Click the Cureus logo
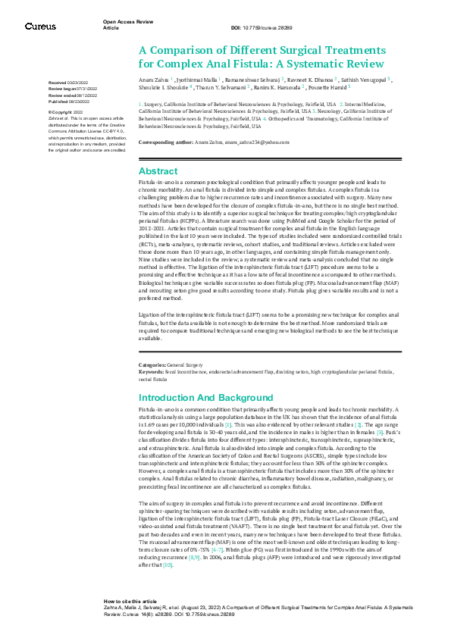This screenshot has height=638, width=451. pos(40,27)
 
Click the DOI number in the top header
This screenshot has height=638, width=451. pos(262,28)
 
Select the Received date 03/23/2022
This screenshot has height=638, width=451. pos(69,82)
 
